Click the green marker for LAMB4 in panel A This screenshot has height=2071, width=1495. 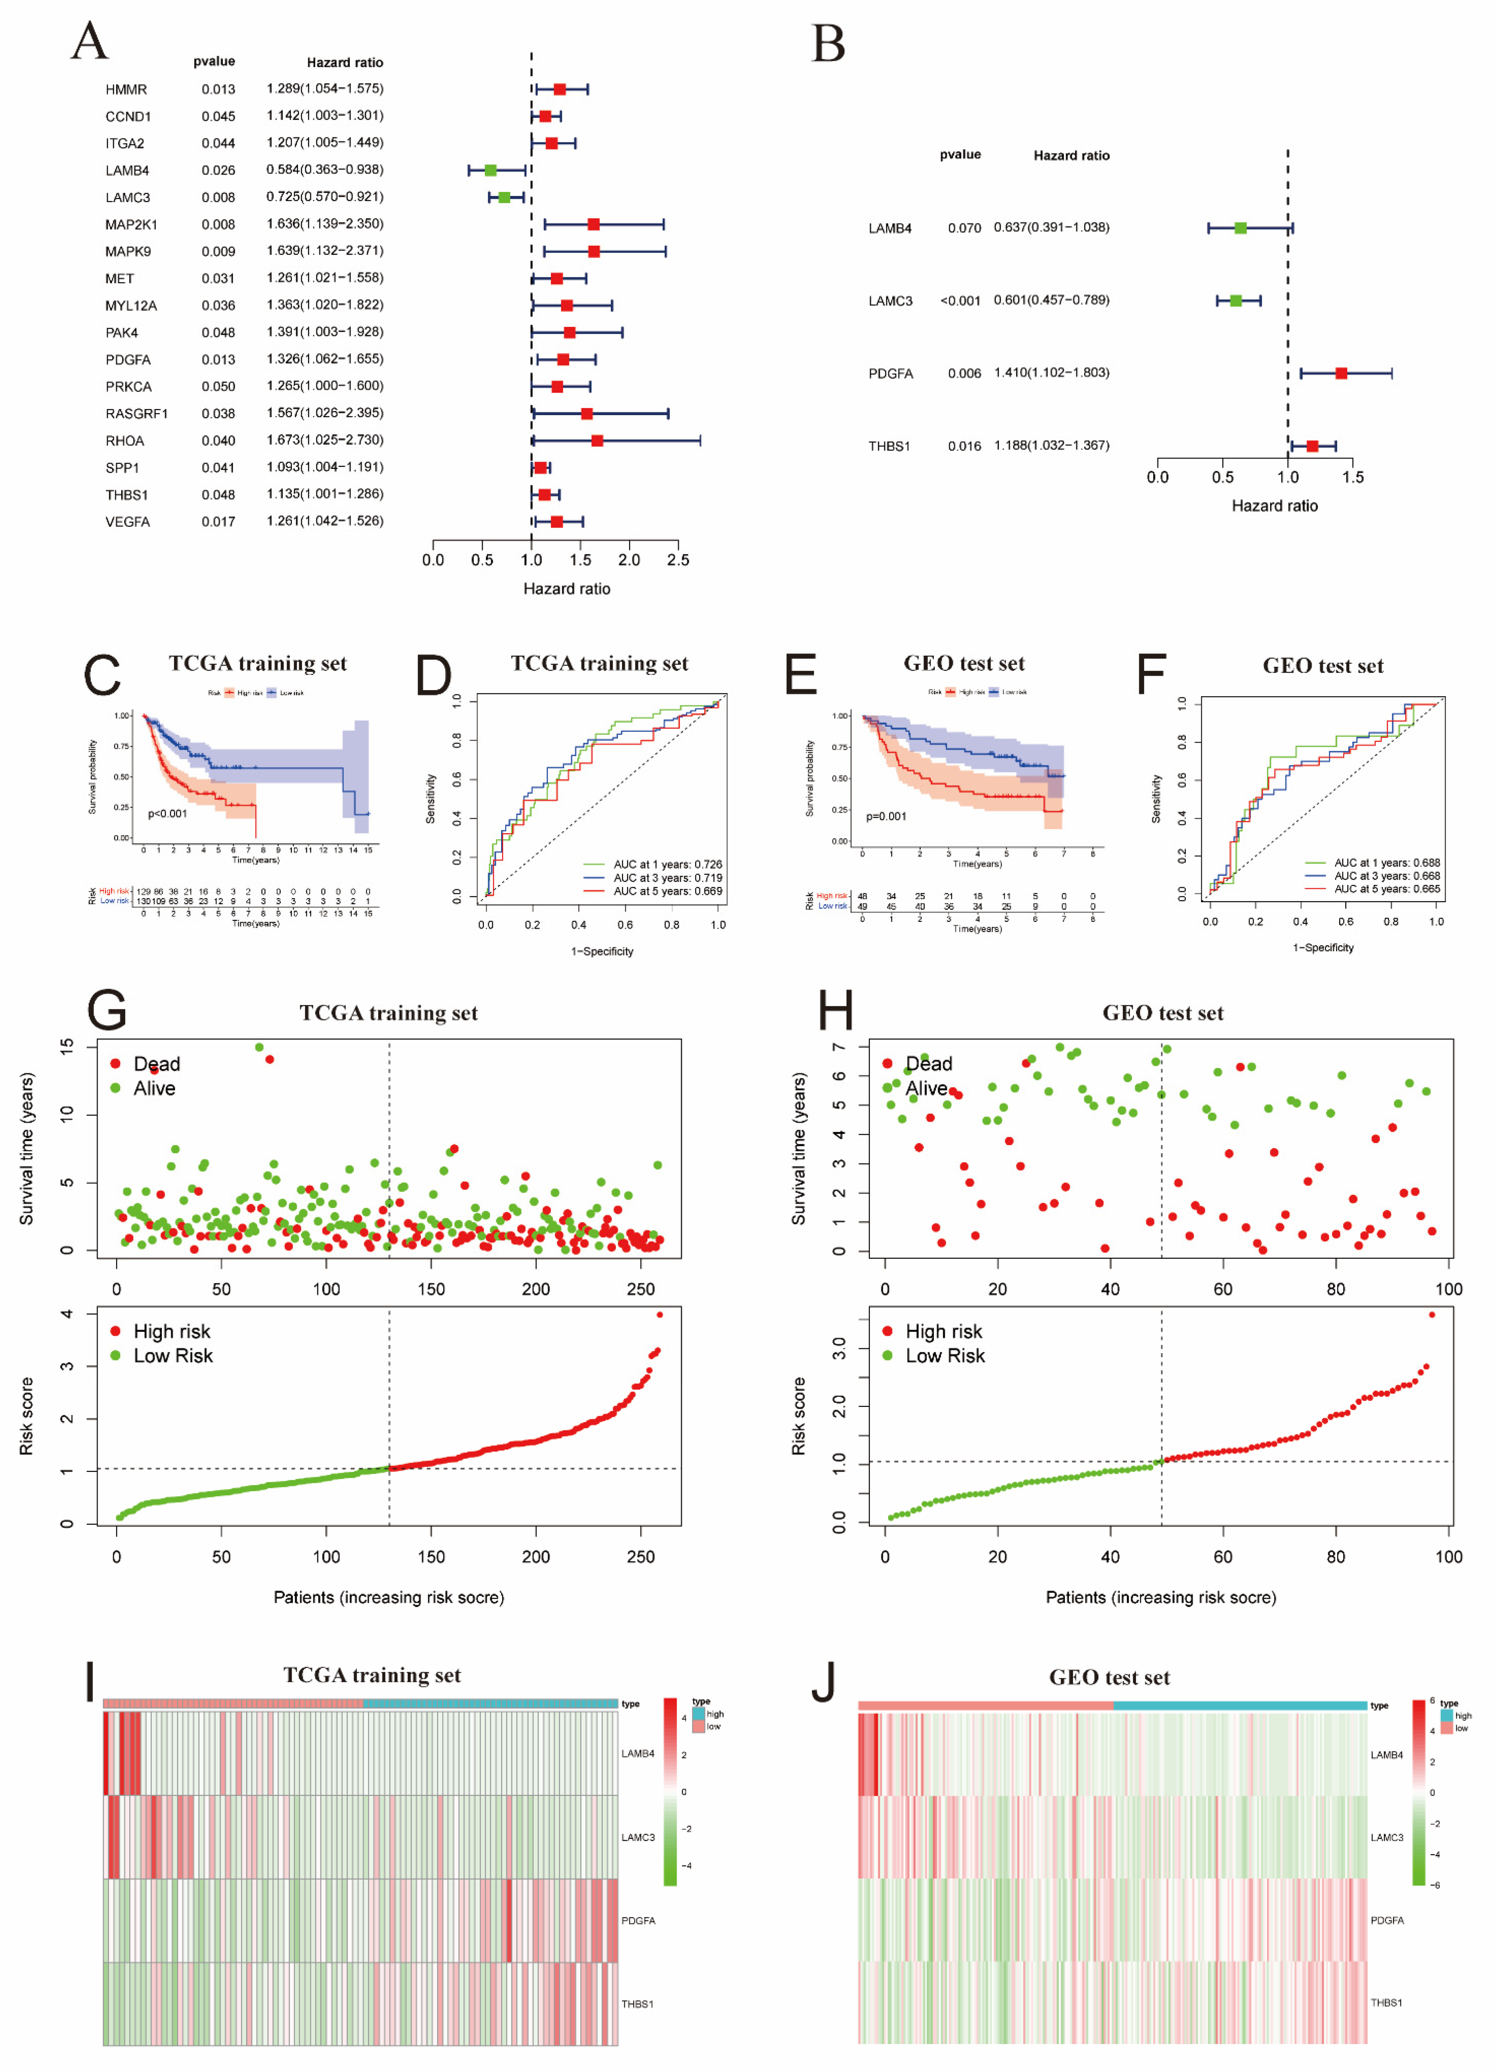click(x=490, y=171)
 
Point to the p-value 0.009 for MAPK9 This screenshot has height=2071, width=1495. click(x=218, y=251)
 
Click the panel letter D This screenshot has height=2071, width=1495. click(x=434, y=677)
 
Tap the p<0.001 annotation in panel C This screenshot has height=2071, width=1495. click(x=167, y=813)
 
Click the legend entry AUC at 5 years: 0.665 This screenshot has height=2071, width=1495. click(x=1386, y=889)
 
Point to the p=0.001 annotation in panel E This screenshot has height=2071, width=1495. click(x=886, y=816)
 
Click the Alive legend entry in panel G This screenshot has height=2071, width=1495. click(x=153, y=1088)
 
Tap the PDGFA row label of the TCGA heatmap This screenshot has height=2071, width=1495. click(x=638, y=1920)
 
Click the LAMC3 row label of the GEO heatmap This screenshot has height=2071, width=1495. click(x=1386, y=1837)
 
